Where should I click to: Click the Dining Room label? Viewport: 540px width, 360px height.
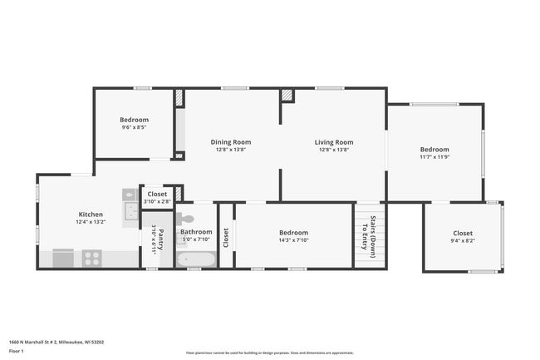(230, 142)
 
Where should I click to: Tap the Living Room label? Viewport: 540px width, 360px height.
(333, 142)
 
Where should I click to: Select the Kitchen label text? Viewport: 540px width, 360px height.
(91, 215)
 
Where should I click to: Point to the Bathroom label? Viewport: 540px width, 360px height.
(196, 232)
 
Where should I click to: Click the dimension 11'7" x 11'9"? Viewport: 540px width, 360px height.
(434, 156)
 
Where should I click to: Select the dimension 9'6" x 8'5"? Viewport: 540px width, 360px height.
(134, 127)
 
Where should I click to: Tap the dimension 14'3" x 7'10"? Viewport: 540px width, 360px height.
(292, 240)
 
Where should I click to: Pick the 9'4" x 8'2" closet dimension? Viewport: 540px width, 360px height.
(462, 240)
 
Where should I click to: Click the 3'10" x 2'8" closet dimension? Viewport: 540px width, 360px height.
(156, 201)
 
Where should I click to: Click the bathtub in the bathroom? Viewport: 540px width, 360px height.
(196, 259)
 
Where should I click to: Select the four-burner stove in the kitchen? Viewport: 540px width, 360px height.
(91, 258)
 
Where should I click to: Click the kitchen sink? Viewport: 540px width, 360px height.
(130, 210)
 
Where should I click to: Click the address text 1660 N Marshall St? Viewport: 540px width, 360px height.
(56, 341)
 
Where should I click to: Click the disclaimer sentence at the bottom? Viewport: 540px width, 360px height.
(269, 353)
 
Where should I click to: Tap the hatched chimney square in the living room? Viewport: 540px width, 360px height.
(287, 96)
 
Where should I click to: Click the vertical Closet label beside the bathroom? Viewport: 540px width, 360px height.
(224, 237)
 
